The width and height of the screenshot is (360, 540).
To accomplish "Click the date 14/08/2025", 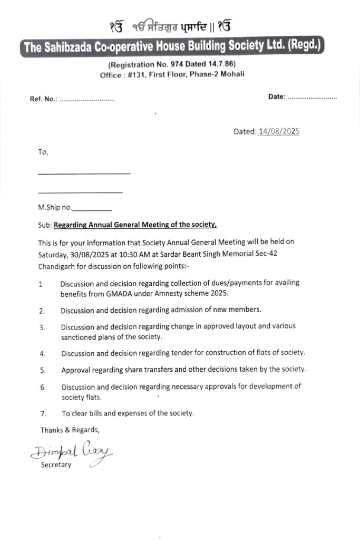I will click(279, 131).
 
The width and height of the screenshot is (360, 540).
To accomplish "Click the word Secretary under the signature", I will click(56, 465).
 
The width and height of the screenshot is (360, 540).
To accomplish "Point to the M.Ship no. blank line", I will click(95, 208).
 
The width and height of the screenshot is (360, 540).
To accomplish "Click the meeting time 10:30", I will click(136, 253).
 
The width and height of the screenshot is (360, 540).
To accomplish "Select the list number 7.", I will click(42, 413).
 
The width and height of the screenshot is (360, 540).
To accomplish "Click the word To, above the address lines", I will click(43, 152).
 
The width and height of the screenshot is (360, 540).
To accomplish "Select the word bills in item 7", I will click(94, 413).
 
